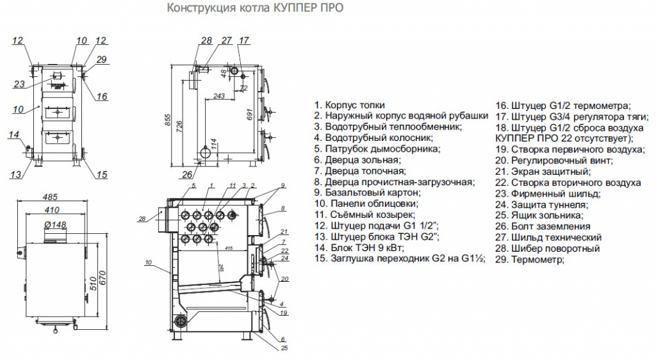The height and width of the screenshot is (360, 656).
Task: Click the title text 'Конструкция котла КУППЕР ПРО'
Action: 254,9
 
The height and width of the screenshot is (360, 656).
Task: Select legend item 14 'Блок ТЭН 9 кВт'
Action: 367,247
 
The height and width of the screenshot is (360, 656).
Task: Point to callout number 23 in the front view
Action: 19,84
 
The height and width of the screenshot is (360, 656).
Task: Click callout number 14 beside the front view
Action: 14,135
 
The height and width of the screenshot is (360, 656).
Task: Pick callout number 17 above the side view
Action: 243,41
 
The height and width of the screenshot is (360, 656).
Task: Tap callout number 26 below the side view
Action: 186,174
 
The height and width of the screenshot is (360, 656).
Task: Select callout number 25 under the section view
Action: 284,348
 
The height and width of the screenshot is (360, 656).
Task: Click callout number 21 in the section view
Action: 284,232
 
